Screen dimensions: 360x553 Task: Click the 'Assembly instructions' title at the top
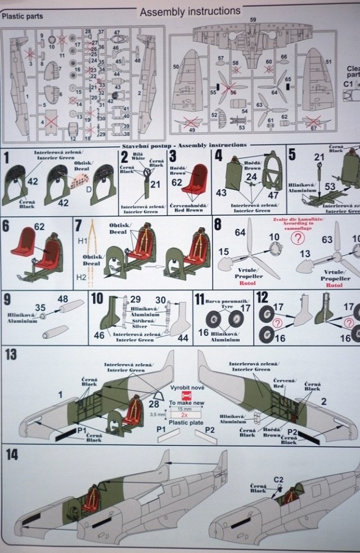[190, 11]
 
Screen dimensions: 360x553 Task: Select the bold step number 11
[199, 298]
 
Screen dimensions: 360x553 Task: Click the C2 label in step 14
[278, 479]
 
